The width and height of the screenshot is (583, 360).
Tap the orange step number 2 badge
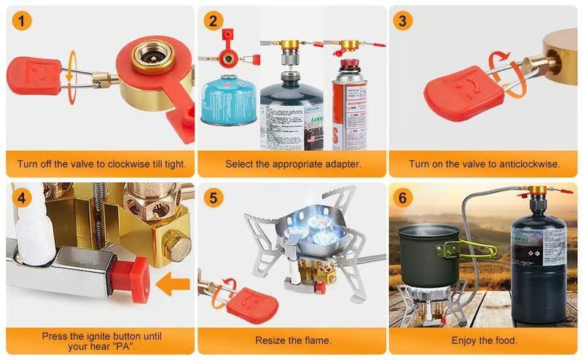point(214,22)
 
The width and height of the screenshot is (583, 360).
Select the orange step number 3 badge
point(404,22)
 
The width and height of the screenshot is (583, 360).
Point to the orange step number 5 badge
point(214,198)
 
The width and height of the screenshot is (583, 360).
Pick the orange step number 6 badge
point(404,198)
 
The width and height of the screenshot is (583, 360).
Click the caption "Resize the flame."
point(293,340)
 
